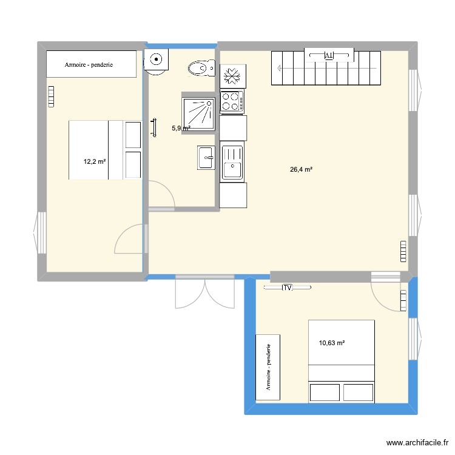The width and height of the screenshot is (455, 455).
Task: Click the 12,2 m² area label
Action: (x=95, y=161)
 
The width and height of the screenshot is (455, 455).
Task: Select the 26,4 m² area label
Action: (x=302, y=170)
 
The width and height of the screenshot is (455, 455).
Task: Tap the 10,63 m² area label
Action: (x=331, y=343)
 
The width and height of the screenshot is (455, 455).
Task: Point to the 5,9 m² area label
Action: (x=180, y=128)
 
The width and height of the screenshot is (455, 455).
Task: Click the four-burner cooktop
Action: (x=232, y=101)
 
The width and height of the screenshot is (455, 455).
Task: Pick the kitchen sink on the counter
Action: (x=232, y=162)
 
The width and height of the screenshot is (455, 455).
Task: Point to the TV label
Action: (x=287, y=288)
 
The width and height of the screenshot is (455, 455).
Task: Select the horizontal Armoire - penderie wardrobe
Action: (x=91, y=64)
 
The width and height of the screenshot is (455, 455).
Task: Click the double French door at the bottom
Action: (x=205, y=292)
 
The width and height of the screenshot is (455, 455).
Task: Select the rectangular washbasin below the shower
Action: (x=206, y=157)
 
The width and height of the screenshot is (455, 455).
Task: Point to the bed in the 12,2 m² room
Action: (x=104, y=150)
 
